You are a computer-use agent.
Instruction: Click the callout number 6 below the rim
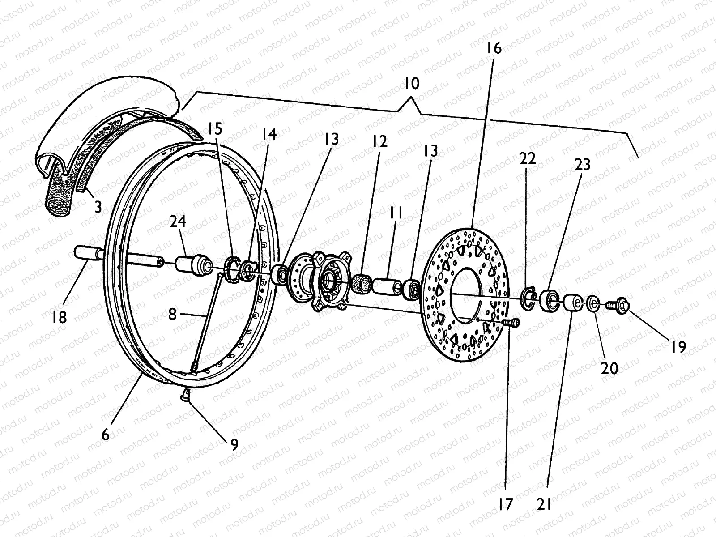click(x=105, y=434)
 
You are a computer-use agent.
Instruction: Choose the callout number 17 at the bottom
click(x=506, y=504)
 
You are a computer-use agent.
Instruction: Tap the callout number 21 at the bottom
click(x=544, y=504)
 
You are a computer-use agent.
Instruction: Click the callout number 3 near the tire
click(x=98, y=207)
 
